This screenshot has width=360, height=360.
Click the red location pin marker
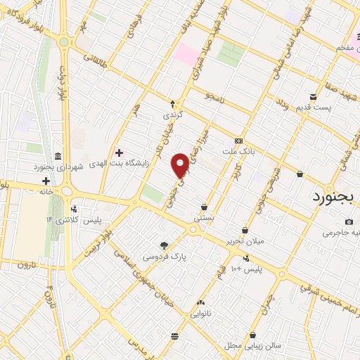[181, 165]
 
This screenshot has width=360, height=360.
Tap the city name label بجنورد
[335, 197]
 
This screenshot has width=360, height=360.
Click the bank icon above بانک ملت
[238, 140]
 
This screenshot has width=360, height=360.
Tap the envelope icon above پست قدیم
[313, 96]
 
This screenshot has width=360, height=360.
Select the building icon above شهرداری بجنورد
[57, 156]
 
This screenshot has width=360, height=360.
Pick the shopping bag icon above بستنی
[204, 207]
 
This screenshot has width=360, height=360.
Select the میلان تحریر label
[244, 241]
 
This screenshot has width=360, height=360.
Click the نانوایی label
[200, 314]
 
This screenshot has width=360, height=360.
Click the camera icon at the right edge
[349, 222]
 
